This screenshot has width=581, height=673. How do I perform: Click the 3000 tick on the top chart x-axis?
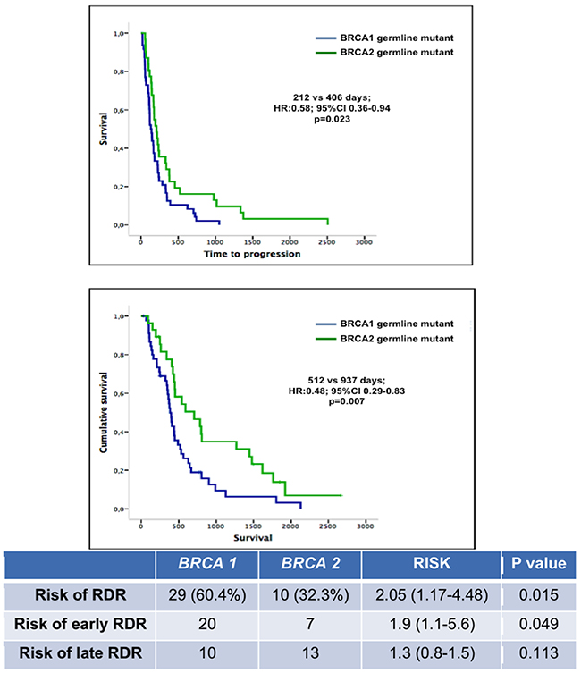pos(363,242)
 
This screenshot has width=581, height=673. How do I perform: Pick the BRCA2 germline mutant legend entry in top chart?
pos(384,53)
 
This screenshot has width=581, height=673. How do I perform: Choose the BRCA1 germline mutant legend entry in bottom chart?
pos(384,324)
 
